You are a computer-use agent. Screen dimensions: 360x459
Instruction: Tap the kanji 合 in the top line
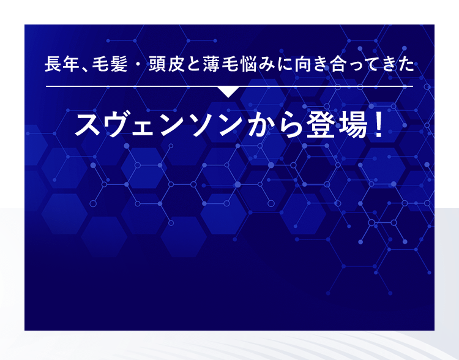[x=332, y=64]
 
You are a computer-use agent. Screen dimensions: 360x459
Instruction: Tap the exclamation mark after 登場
[x=378, y=124]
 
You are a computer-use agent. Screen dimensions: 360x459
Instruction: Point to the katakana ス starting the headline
[x=87, y=124]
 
